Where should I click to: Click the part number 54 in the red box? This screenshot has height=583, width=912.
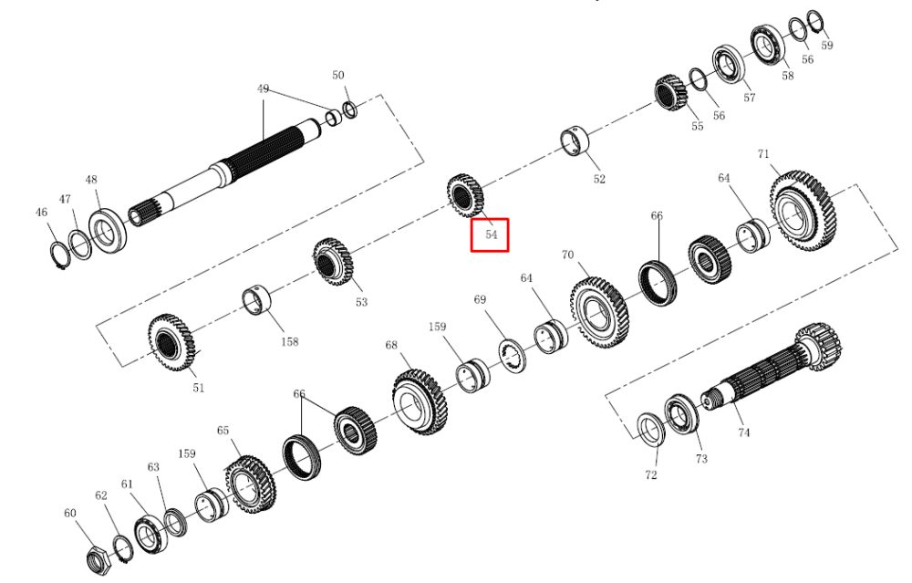click(x=492, y=234)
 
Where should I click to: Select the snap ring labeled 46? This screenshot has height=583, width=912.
click(x=58, y=255)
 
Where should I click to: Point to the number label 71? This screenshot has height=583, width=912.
click(x=763, y=154)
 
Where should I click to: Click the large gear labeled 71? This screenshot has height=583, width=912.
click(x=803, y=211)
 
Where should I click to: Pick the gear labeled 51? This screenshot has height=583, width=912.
click(x=171, y=342)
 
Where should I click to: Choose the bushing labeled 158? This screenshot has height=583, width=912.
click(x=256, y=300)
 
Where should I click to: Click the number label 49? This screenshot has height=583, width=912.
click(x=263, y=89)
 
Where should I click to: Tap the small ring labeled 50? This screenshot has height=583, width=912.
click(x=350, y=109)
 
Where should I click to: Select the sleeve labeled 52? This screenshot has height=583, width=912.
click(x=574, y=141)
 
